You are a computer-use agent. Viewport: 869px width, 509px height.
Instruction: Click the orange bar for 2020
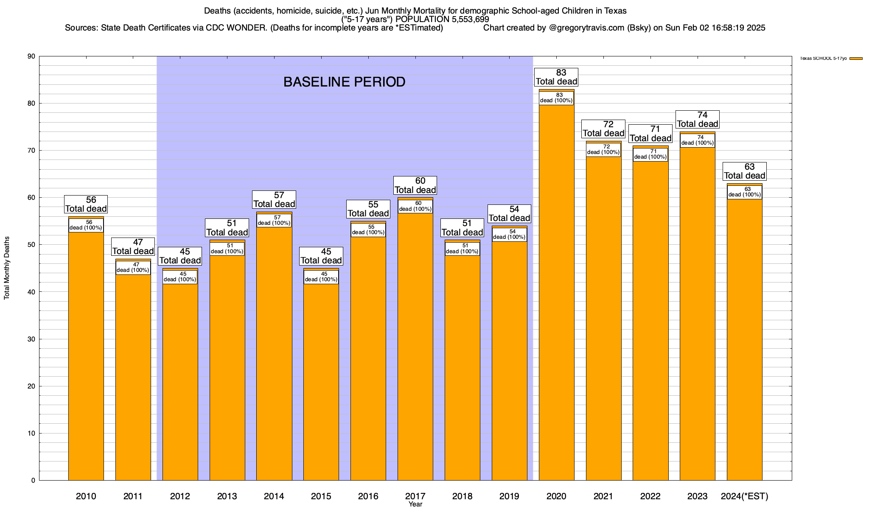556,297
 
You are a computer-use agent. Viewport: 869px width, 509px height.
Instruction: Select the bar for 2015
321,382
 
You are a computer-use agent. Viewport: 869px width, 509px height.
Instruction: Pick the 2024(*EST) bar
744,339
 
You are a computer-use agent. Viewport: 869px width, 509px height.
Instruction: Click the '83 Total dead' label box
556,77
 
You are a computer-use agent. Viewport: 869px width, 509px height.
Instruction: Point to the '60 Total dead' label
415,186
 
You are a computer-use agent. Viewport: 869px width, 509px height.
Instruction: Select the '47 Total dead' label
133,247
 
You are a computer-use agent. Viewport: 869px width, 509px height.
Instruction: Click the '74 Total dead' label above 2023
697,120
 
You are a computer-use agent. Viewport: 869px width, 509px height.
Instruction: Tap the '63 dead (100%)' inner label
744,192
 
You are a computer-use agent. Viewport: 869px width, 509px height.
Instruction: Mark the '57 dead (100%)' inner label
274,221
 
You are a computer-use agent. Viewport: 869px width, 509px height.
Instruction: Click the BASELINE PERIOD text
344,82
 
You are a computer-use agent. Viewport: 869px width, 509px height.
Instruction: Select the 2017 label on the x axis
415,496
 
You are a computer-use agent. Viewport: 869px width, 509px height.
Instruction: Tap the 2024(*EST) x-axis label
744,496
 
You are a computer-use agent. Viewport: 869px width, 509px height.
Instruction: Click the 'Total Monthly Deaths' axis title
7,268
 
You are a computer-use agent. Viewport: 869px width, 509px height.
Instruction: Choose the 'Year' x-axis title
415,504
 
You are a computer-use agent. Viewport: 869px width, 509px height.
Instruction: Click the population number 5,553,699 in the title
465,20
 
